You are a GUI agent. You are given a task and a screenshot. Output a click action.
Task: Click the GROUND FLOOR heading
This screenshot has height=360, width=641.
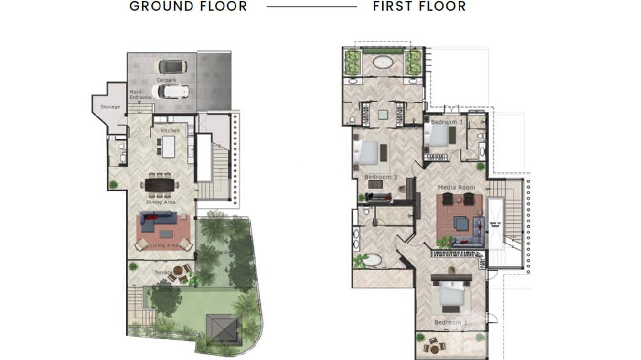(188, 6)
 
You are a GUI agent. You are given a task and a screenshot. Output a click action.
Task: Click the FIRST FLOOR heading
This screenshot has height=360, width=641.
(419, 6)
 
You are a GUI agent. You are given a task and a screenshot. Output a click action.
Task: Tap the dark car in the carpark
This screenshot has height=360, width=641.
(170, 66)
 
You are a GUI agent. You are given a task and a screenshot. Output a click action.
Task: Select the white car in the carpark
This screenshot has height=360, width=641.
(170, 91)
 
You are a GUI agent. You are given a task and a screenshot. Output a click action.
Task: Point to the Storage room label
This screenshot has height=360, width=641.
(110, 107)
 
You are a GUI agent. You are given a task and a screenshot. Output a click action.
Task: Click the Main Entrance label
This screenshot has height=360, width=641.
(140, 95)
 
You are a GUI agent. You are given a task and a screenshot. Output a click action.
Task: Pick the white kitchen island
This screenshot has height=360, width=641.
(169, 146)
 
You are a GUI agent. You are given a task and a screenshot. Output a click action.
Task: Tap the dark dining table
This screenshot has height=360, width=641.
(160, 184)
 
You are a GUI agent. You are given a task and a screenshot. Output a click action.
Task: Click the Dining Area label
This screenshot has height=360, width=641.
(160, 202)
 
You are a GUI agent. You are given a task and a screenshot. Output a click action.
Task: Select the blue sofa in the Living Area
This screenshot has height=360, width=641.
(158, 220)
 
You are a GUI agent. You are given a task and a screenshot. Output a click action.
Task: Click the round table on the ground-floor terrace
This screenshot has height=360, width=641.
(178, 271)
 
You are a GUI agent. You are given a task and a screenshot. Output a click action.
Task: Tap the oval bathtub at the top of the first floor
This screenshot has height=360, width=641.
(382, 62)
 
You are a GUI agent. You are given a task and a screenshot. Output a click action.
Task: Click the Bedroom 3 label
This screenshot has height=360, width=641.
(447, 122)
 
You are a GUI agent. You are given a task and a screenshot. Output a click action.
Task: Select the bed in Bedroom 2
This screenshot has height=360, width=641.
(370, 153)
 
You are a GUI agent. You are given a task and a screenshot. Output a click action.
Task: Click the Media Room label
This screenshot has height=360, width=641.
(457, 187)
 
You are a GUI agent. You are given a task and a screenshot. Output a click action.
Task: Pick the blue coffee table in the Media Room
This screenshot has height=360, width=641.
(461, 222)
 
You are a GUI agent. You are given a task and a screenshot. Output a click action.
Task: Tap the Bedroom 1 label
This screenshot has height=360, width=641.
(448, 323)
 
